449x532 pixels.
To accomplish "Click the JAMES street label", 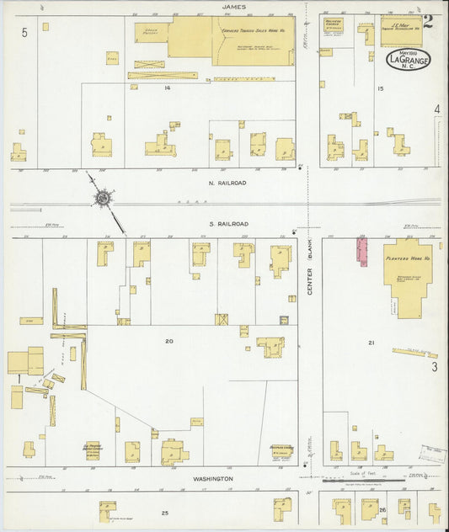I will tap(233, 7).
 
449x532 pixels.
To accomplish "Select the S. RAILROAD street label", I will tap(229, 224).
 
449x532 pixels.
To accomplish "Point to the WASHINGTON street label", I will tap(212, 479).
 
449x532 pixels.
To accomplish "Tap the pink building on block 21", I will tap(362, 251).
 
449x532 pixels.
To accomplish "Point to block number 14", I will tap(168, 88).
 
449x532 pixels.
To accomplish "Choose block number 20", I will tap(168, 341).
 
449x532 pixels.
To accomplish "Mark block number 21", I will tap(371, 343).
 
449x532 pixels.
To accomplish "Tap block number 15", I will tap(381, 88).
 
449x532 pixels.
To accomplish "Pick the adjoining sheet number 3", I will tap(435, 366).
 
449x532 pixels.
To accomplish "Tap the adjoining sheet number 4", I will tap(436, 109).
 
